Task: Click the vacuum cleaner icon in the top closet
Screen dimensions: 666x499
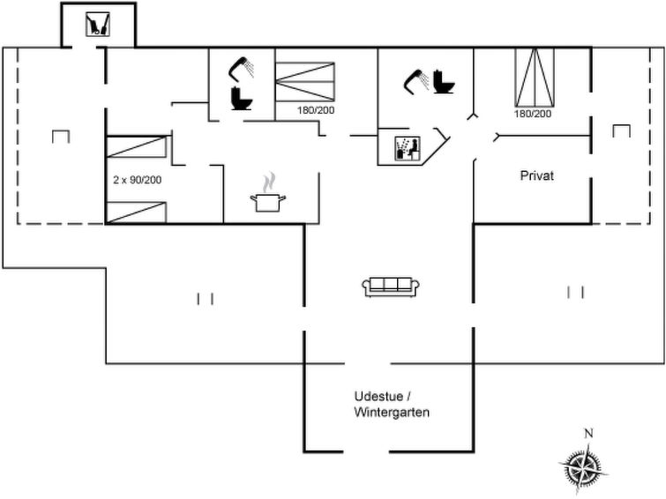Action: click(x=98, y=24)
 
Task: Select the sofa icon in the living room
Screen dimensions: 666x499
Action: click(x=391, y=287)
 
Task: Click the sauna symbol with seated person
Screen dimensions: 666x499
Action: click(x=408, y=148)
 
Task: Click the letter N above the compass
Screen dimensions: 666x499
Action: click(x=588, y=434)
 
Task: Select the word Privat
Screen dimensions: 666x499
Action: click(x=537, y=175)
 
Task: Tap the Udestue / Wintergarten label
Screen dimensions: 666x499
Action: click(x=392, y=405)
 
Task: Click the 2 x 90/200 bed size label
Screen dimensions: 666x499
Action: click(x=138, y=180)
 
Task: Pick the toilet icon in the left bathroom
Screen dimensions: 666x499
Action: click(x=241, y=98)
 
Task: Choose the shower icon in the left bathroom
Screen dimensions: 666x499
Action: click(x=241, y=68)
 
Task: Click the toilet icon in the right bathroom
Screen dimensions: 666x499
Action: click(x=444, y=82)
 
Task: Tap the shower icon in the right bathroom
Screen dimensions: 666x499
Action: click(x=415, y=82)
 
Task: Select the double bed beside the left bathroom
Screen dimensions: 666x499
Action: click(x=305, y=81)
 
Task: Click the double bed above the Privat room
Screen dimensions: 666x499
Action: click(x=535, y=78)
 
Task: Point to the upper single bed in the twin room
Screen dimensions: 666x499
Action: click(x=136, y=147)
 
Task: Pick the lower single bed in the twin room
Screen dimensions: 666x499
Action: click(x=136, y=212)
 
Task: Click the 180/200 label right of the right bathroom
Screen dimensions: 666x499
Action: click(x=533, y=114)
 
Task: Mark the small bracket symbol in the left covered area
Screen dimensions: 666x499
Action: click(x=61, y=137)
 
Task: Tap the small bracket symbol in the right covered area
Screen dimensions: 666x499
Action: click(x=621, y=130)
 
